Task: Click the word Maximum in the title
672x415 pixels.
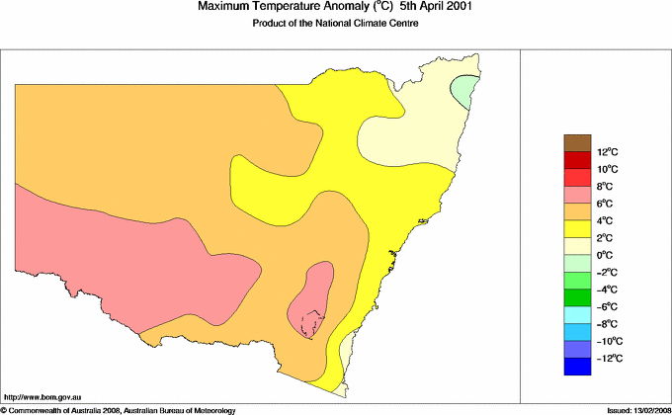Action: (x=226, y=7)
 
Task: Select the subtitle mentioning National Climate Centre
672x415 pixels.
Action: (x=337, y=23)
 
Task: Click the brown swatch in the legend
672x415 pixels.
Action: (x=577, y=143)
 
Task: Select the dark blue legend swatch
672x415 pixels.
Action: (x=577, y=367)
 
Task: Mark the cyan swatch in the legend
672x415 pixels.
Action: (x=577, y=315)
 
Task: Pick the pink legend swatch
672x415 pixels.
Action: (x=577, y=195)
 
